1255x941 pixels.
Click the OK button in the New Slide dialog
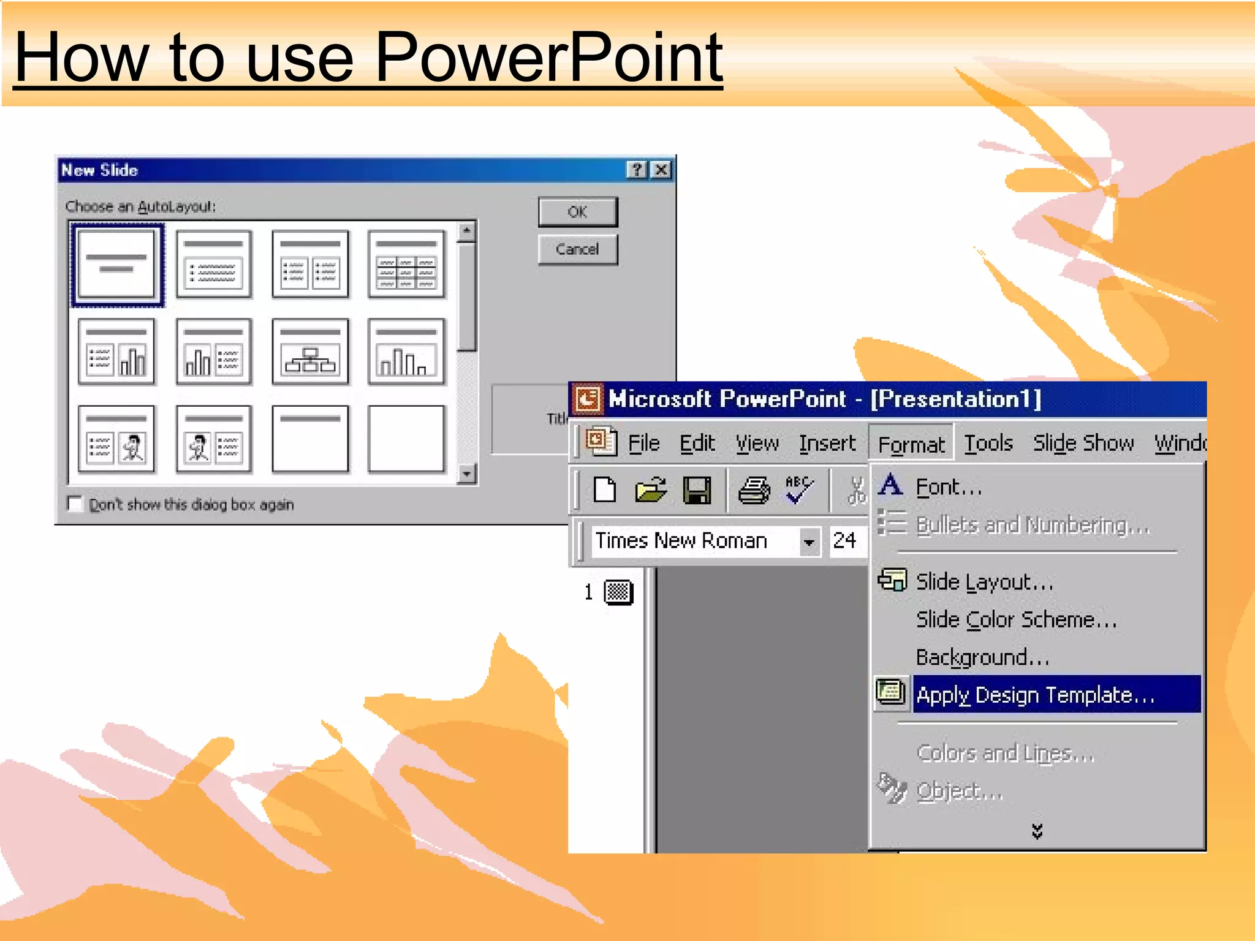click(577, 212)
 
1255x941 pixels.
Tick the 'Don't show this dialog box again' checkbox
click(75, 504)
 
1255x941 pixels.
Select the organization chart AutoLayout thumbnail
click(310, 352)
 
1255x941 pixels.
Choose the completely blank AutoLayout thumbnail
click(406, 439)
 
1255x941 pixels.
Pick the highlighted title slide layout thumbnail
click(117, 265)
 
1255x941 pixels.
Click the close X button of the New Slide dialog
click(661, 170)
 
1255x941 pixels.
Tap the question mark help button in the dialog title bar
click(637, 170)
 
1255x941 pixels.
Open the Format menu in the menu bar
click(911, 444)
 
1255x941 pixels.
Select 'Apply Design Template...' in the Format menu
click(1035, 695)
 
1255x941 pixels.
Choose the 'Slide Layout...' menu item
click(984, 581)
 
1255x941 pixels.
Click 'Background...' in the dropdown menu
click(982, 657)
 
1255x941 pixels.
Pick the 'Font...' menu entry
click(948, 487)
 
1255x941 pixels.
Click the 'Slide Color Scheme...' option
click(1016, 619)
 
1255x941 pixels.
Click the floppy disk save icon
click(697, 490)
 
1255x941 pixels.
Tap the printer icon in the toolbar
click(753, 490)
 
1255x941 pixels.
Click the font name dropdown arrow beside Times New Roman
click(809, 542)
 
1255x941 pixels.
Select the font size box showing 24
click(846, 540)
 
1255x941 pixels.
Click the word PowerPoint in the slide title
click(548, 58)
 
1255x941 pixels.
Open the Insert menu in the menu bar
click(827, 443)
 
